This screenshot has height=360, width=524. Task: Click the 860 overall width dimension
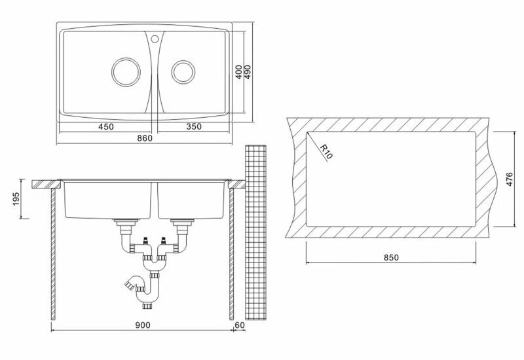(x=145, y=138)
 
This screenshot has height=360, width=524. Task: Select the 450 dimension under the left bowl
(x=107, y=126)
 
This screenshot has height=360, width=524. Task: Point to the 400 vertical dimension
(x=240, y=71)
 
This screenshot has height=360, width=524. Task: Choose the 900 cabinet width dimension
(x=145, y=325)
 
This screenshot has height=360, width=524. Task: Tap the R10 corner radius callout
(x=326, y=153)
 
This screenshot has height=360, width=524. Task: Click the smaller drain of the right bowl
(x=183, y=71)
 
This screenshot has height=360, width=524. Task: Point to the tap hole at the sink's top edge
(x=155, y=38)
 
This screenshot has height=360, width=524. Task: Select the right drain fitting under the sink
(x=181, y=226)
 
